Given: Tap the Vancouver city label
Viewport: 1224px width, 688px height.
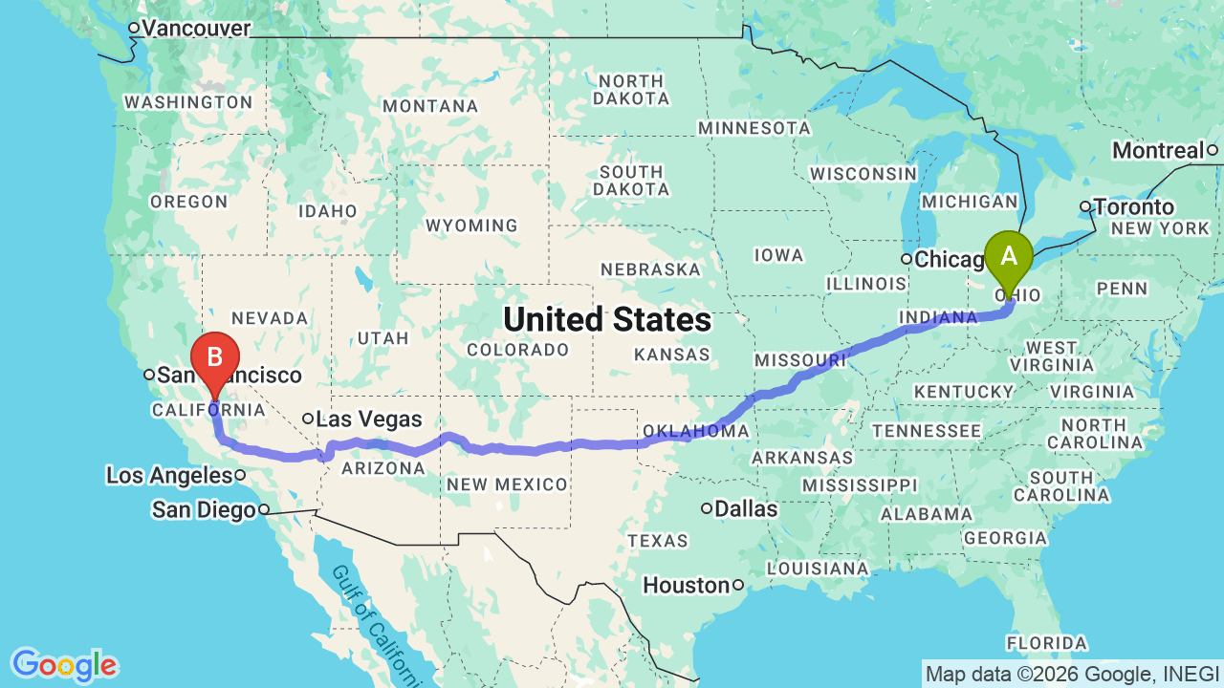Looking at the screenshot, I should pyautogui.click(x=196, y=29).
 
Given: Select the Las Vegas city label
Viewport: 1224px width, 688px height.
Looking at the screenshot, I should pyautogui.click(x=369, y=419).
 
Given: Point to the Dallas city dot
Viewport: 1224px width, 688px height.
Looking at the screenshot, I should pyautogui.click(x=707, y=508).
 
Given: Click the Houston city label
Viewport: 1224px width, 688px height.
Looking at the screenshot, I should pyautogui.click(x=687, y=584).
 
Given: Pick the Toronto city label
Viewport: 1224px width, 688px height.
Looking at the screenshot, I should pyautogui.click(x=1134, y=207).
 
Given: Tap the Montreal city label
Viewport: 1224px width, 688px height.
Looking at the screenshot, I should pyautogui.click(x=1158, y=150).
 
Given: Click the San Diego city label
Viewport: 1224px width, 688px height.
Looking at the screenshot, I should pyautogui.click(x=204, y=510).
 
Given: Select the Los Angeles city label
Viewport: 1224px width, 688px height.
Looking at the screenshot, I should pyautogui.click(x=169, y=475).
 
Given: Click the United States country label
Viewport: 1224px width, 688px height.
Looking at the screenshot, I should pyautogui.click(x=607, y=319).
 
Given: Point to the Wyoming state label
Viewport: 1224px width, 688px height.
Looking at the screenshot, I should pyautogui.click(x=471, y=226).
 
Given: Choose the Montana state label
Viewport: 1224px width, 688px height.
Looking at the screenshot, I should pyautogui.click(x=430, y=106).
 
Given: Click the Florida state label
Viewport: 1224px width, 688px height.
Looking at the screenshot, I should pyautogui.click(x=1046, y=642).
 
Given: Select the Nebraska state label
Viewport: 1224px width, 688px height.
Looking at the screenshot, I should pyautogui.click(x=650, y=269).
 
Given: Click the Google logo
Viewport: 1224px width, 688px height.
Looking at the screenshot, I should pyautogui.click(x=64, y=665).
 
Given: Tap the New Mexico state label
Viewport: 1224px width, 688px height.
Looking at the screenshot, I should pyautogui.click(x=507, y=484).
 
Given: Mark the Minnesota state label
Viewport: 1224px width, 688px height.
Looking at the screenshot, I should pyautogui.click(x=754, y=127).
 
